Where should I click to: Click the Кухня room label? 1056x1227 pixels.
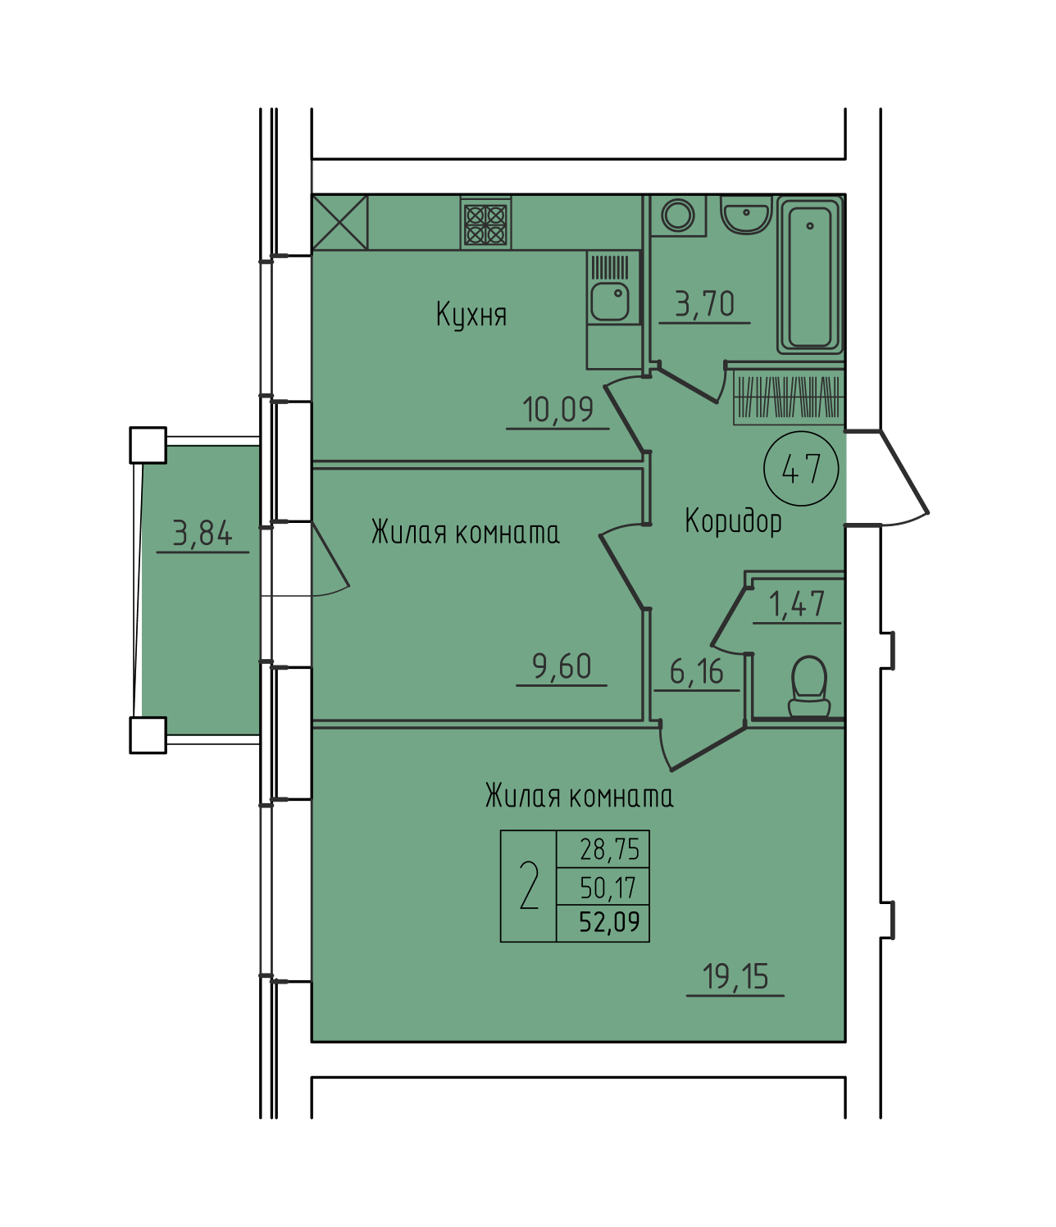[471, 315]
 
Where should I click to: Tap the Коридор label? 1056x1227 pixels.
[733, 521]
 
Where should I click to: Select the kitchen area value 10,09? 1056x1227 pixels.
[558, 409]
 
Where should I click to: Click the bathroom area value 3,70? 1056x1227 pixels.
[704, 304]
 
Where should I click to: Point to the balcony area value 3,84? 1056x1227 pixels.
[203, 533]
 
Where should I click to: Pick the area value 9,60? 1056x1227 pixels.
[562, 666]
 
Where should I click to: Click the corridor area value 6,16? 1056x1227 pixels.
[696, 672]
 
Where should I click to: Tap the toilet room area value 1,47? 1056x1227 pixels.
[796, 604]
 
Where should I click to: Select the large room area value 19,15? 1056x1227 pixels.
[735, 976]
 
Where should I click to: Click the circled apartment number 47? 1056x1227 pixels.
[801, 469]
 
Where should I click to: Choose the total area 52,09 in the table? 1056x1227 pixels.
[609, 922]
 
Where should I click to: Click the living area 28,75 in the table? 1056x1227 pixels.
[609, 849]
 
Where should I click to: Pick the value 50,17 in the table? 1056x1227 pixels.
[608, 888]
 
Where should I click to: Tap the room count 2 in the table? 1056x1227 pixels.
[529, 886]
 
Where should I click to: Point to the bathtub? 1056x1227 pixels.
[810, 275]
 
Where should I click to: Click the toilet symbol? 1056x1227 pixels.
[809, 687]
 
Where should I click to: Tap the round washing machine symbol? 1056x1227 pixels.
[678, 214]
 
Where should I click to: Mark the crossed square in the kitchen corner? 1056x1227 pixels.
[339, 223]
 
